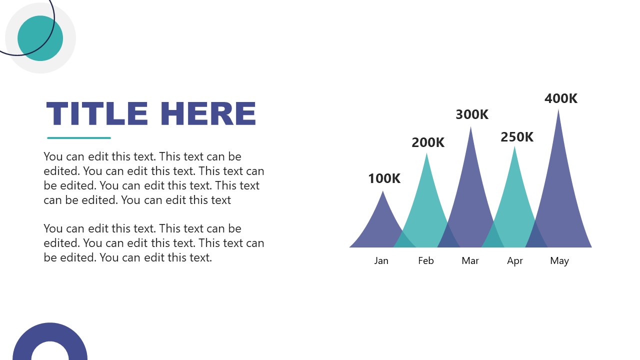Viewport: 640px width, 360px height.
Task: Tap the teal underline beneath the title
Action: coord(79,138)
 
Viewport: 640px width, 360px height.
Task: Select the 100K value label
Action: coord(384,178)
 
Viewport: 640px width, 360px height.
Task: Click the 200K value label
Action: coord(428,142)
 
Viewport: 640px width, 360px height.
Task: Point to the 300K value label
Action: coord(471,114)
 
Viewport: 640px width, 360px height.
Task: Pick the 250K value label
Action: coord(517,137)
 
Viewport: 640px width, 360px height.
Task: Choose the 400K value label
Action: coord(560,99)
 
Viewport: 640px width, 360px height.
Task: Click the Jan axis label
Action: coord(381,260)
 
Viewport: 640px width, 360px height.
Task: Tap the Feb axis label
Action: coord(426,260)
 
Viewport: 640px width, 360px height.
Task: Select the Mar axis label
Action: coord(470,260)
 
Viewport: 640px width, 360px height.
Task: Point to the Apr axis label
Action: coord(515,260)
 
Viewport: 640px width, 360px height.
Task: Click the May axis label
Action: coord(559,260)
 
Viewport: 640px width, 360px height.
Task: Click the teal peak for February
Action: coord(426,210)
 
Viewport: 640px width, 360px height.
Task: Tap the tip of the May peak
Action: coord(558,110)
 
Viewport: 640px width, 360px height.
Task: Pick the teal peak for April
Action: coord(514,205)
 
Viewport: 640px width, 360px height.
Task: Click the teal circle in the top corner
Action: coord(40,38)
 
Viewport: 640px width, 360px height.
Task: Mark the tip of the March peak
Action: coord(470,128)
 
